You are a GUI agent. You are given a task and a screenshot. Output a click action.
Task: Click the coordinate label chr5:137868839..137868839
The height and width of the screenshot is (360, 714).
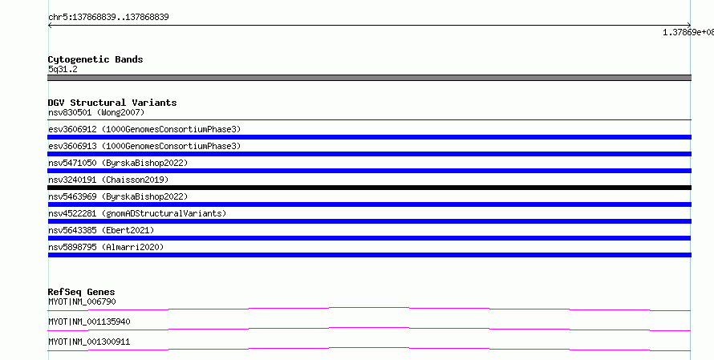pyautogui.click(x=108, y=18)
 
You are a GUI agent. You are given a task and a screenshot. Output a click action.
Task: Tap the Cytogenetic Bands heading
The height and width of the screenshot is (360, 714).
pyautogui.click(x=95, y=59)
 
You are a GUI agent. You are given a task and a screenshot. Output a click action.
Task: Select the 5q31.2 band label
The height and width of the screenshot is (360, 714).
pyautogui.click(x=63, y=69)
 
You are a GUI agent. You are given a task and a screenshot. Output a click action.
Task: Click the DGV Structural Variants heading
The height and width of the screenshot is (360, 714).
pyautogui.click(x=112, y=103)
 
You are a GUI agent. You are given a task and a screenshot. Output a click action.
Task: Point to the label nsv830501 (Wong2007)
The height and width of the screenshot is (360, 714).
pyautogui.click(x=96, y=112)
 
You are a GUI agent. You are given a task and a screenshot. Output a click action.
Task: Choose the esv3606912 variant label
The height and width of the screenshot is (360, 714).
pyautogui.click(x=144, y=129)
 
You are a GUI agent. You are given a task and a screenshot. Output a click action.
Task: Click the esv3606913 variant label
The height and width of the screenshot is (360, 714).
pyautogui.click(x=144, y=146)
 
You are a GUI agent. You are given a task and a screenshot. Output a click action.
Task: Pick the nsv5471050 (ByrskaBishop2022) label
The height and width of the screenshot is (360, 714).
pyautogui.click(x=118, y=163)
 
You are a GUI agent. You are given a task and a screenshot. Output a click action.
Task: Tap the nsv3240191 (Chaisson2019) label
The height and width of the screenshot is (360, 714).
pyautogui.click(x=108, y=180)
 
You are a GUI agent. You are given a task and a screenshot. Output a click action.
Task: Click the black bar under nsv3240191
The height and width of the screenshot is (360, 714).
pyautogui.click(x=369, y=188)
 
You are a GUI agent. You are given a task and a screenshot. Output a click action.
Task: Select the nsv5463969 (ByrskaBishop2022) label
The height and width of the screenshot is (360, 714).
pyautogui.click(x=118, y=196)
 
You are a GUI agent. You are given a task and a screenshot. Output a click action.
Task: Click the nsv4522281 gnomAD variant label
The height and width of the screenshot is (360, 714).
pyautogui.click(x=137, y=213)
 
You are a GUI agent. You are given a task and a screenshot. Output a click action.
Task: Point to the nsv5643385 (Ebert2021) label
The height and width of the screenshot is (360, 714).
pyautogui.click(x=101, y=230)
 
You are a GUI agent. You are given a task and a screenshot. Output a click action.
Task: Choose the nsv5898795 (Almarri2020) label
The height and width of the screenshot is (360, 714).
pyautogui.click(x=106, y=247)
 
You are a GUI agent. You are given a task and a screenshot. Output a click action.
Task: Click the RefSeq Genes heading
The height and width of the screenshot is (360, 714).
pyautogui.click(x=82, y=292)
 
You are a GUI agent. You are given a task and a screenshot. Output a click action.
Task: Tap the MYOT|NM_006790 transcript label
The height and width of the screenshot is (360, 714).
pyautogui.click(x=82, y=301)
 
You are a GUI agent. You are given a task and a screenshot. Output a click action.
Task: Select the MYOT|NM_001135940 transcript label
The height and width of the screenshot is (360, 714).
pyautogui.click(x=89, y=322)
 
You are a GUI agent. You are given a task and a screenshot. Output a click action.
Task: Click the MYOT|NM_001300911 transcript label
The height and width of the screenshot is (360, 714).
pyautogui.click(x=89, y=342)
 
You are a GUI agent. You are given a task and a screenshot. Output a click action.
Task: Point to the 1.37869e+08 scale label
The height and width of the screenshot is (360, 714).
pyautogui.click(x=688, y=32)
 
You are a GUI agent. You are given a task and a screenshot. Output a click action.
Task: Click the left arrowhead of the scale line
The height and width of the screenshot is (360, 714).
pyautogui.click(x=49, y=26)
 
